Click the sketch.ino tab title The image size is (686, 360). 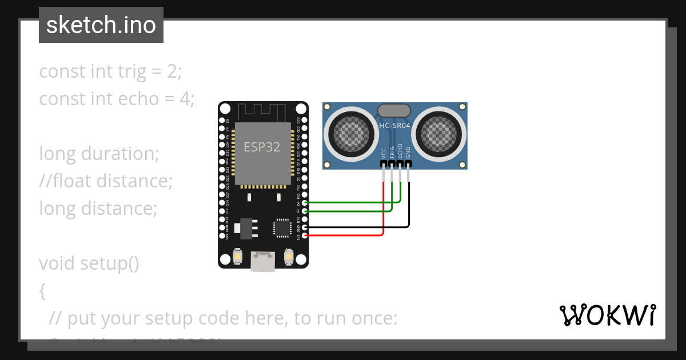coord(101,25)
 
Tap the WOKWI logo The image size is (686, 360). coord(607,315)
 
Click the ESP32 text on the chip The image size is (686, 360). coord(262,147)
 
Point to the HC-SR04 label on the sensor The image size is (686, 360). coord(394,125)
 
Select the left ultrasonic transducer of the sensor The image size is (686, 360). coord(350,135)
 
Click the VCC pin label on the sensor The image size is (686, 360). coord(383,153)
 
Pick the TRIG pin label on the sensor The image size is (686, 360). coord(392,151)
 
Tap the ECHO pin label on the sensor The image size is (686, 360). coord(400,151)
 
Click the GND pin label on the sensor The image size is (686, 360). coord(408,153)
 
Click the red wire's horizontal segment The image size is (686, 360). coord(343,235)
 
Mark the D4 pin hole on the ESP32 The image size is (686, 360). coord(304,202)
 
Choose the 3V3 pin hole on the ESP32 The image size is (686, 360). coord(304,235)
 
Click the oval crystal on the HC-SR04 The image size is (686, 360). coord(394,110)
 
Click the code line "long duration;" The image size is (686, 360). coord(99,154)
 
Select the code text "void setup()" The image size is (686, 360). coord(89,263)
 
